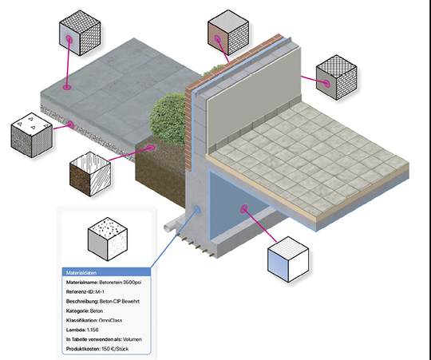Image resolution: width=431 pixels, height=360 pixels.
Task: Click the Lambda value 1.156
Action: coord(93,328)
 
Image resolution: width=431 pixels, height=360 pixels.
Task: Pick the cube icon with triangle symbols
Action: coord(31,133)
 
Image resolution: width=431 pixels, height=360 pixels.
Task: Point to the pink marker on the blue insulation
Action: coord(243,209)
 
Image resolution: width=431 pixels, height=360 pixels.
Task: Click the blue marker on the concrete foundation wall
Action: coord(197,210)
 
